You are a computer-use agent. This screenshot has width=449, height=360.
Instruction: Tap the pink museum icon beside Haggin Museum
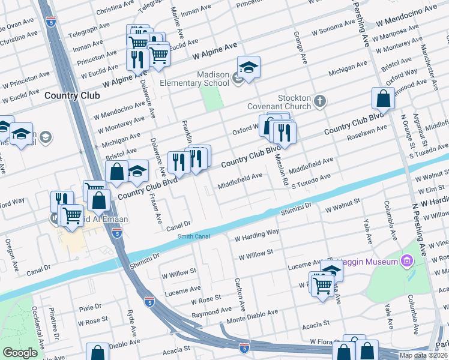(407, 261)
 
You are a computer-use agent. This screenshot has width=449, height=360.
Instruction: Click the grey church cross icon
(320, 100)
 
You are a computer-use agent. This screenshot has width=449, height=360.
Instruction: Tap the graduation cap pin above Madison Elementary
(248, 68)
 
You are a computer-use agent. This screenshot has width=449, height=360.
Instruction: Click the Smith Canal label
(193, 236)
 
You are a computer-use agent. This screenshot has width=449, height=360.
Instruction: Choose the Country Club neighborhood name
(71, 95)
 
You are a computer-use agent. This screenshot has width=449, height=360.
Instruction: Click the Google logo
(20, 353)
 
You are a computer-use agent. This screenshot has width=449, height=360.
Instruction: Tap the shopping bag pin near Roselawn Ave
(382, 98)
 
